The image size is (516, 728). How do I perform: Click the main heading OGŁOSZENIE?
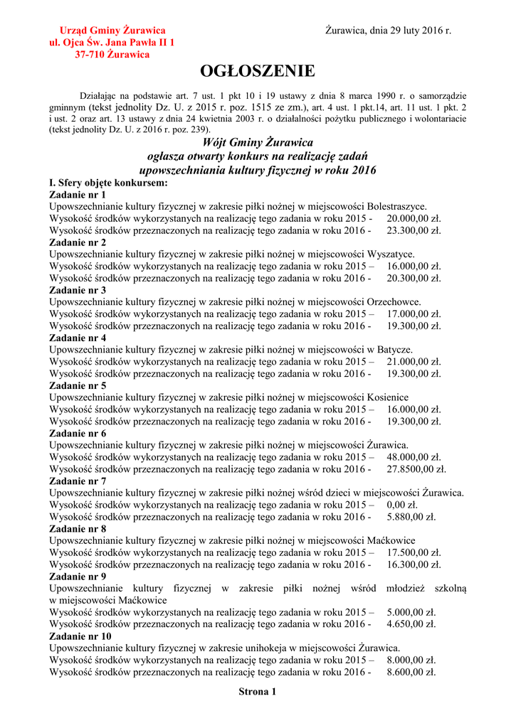click(257, 72)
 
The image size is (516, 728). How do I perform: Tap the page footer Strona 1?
click(257, 691)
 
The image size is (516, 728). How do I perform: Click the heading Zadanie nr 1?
click(78, 194)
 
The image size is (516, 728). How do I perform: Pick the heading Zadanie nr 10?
click(80, 636)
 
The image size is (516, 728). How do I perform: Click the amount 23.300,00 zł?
click(414, 230)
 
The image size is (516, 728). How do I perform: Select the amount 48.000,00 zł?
click(414, 457)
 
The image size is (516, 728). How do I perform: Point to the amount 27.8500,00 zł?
click(416, 469)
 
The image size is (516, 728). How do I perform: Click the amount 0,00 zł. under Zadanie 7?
click(401, 505)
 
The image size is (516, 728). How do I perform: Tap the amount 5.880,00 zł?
click(411, 517)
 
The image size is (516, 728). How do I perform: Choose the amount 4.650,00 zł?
click(411, 624)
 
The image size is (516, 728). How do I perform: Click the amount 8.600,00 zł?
click(411, 672)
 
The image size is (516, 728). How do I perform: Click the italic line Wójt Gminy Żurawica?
click(257, 142)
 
